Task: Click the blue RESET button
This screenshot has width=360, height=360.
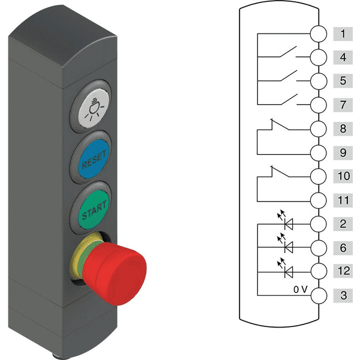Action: pos(93,159)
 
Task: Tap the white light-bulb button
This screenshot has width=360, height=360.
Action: pos(94,108)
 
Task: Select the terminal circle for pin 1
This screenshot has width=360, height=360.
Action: pos(319,34)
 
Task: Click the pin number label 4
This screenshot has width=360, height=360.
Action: pos(343,58)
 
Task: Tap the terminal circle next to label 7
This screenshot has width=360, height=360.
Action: pos(319,105)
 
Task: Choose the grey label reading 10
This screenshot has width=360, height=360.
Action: pos(343,176)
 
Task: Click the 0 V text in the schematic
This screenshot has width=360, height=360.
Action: pos(301,290)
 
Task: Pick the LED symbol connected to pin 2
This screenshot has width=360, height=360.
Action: pos(286,221)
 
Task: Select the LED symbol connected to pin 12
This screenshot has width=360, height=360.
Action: pos(286,269)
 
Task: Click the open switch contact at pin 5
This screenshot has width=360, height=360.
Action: pos(289,76)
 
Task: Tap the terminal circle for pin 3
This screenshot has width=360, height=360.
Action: pos(319,295)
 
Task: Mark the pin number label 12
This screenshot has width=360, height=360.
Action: pos(343,271)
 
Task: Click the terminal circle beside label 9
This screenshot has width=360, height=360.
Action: pos(319,152)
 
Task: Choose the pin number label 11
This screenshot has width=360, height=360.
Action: pos(343,200)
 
